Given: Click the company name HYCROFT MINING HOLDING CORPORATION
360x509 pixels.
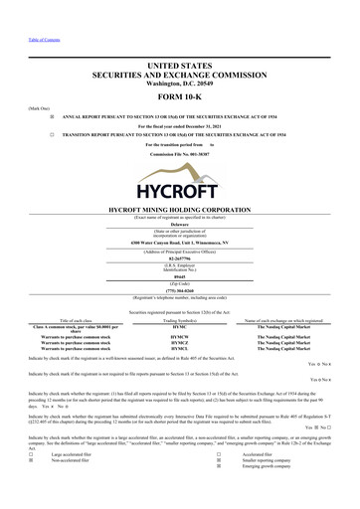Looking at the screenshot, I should tap(179, 210).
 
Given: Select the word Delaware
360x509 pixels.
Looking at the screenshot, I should tap(179, 225).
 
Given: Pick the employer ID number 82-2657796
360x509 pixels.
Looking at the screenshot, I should tap(179, 258).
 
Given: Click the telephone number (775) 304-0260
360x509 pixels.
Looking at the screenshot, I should tap(179, 292).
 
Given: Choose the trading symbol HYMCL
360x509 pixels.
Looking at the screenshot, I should tap(179, 351).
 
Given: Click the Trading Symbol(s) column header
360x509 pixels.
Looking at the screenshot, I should tap(179, 318).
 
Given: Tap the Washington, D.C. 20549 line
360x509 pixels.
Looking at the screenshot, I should tap(179, 84).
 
